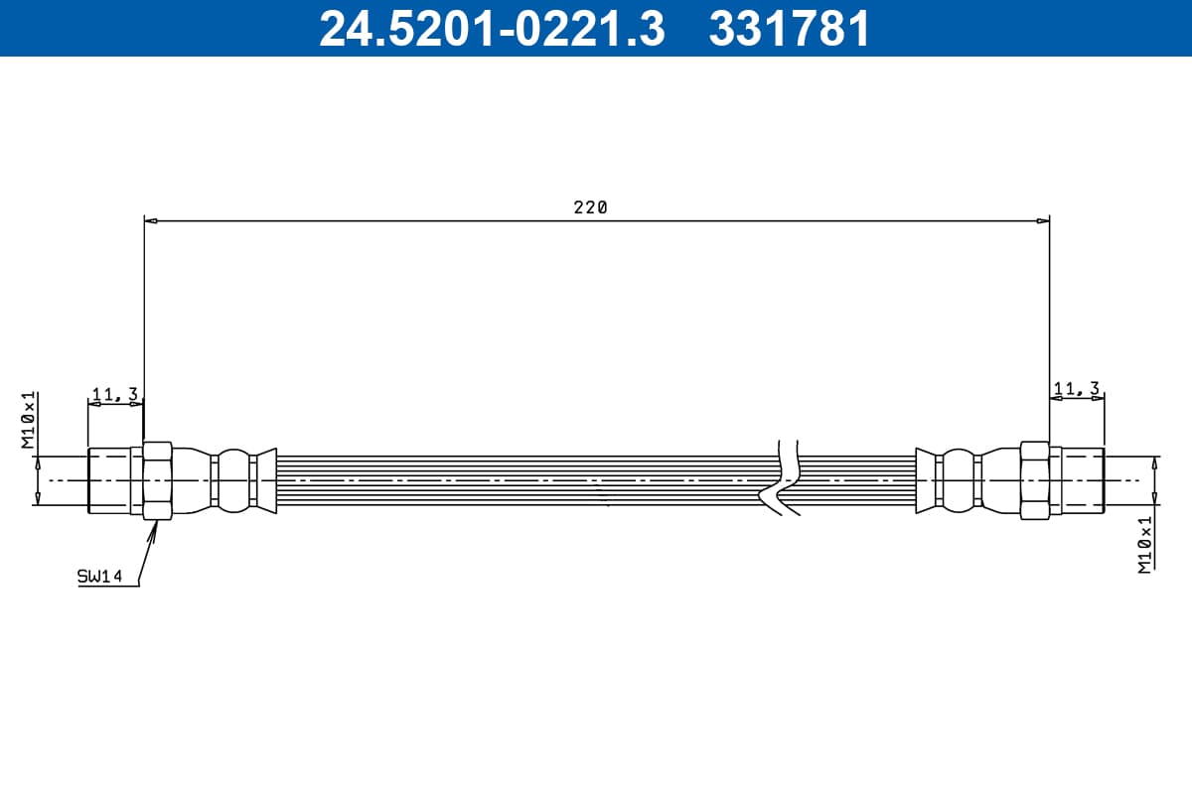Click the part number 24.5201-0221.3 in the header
coord(492,29)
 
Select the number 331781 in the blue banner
coord(789,29)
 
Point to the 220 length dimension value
coord(590,206)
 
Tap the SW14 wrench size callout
coord(99,576)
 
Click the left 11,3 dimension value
coord(115,394)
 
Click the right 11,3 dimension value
coord(1077,389)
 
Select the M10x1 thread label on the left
coord(28,420)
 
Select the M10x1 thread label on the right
coord(1144,544)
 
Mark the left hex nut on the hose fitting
coord(158,480)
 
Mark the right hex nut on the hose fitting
coord(1035,480)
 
